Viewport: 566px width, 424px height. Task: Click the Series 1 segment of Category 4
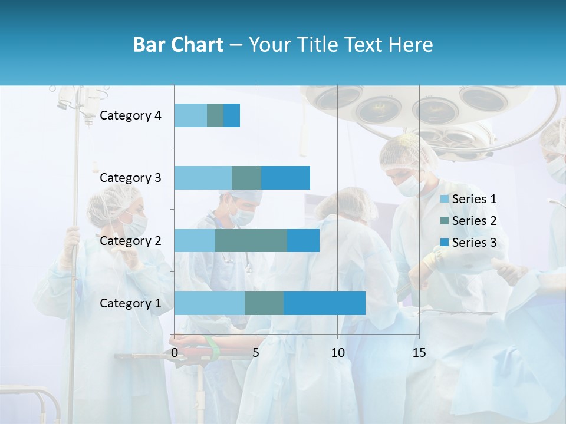click(190, 115)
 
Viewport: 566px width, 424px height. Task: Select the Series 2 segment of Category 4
click(215, 115)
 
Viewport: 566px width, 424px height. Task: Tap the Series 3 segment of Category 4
click(232, 115)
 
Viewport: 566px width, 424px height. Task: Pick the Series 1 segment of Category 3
click(203, 178)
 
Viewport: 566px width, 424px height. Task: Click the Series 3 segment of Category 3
click(285, 178)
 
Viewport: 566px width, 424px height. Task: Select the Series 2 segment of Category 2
click(251, 240)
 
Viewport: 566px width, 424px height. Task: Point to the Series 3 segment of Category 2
click(303, 240)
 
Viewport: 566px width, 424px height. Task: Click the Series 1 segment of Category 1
click(209, 303)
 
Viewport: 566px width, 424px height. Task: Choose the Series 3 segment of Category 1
click(324, 303)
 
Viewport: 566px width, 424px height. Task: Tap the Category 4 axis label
click(130, 115)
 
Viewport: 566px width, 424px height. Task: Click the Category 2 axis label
click(130, 240)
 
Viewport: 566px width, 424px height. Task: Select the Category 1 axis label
click(130, 303)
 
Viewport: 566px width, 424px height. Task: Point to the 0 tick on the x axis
click(175, 353)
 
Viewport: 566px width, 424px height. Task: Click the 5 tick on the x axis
click(256, 353)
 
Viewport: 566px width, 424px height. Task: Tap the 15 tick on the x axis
click(419, 353)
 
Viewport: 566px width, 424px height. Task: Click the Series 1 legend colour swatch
click(445, 199)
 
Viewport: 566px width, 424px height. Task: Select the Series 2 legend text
click(474, 221)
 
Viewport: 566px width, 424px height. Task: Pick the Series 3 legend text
click(474, 243)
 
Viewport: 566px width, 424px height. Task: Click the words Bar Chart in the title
click(177, 45)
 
